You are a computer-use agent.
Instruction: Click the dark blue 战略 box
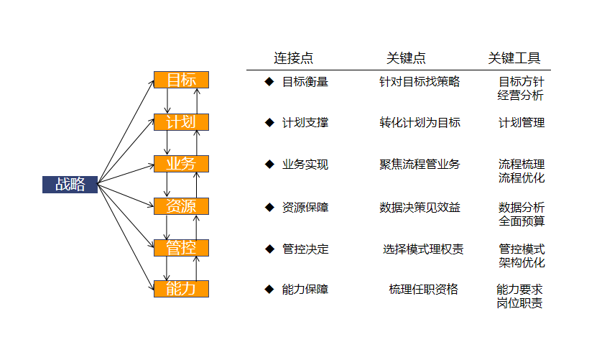pyautogui.click(x=70, y=184)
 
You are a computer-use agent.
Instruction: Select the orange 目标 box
pyautogui.click(x=181, y=80)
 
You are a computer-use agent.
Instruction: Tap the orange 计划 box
pyautogui.click(x=181, y=122)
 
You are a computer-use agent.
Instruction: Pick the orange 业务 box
pyautogui.click(x=181, y=164)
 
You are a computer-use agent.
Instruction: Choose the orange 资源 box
pyautogui.click(x=181, y=206)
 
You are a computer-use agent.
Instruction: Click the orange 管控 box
pyautogui.click(x=181, y=248)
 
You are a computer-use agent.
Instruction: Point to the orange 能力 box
pyautogui.click(x=181, y=289)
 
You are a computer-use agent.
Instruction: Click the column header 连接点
pyautogui.click(x=293, y=58)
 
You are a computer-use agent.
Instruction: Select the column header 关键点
pyautogui.click(x=406, y=58)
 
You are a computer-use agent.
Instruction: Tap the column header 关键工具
pyautogui.click(x=514, y=58)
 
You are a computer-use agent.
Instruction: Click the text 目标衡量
pyautogui.click(x=305, y=82)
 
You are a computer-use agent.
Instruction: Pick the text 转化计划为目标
pyautogui.click(x=420, y=123)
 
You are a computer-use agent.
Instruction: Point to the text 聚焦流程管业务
pyautogui.click(x=420, y=165)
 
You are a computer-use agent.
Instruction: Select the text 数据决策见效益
pyautogui.click(x=420, y=208)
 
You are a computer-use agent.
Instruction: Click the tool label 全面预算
pyautogui.click(x=522, y=221)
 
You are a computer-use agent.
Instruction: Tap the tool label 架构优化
pyautogui.click(x=522, y=262)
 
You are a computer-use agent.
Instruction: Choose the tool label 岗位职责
pyautogui.click(x=519, y=303)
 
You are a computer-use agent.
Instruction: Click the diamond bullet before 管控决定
pyautogui.click(x=269, y=249)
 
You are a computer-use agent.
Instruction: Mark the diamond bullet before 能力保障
pyautogui.click(x=269, y=289)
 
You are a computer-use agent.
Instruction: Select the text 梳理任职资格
pyautogui.click(x=424, y=290)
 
